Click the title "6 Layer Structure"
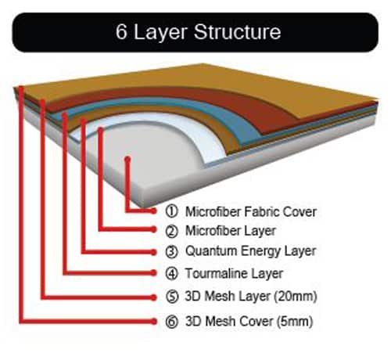[x=199, y=32]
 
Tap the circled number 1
[x=171, y=211]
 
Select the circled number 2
[x=171, y=231]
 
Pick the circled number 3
[x=171, y=252]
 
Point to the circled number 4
[x=171, y=274]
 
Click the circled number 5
[x=172, y=297]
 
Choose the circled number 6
[x=172, y=322]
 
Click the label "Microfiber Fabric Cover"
[x=251, y=211]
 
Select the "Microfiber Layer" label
[x=231, y=231]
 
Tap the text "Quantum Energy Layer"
[x=251, y=251]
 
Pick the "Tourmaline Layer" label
[x=234, y=273]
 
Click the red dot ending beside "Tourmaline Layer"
[x=153, y=273]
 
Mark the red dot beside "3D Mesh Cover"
[x=153, y=322]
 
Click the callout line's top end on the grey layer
[x=127, y=159]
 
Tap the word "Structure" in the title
[x=237, y=32]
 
